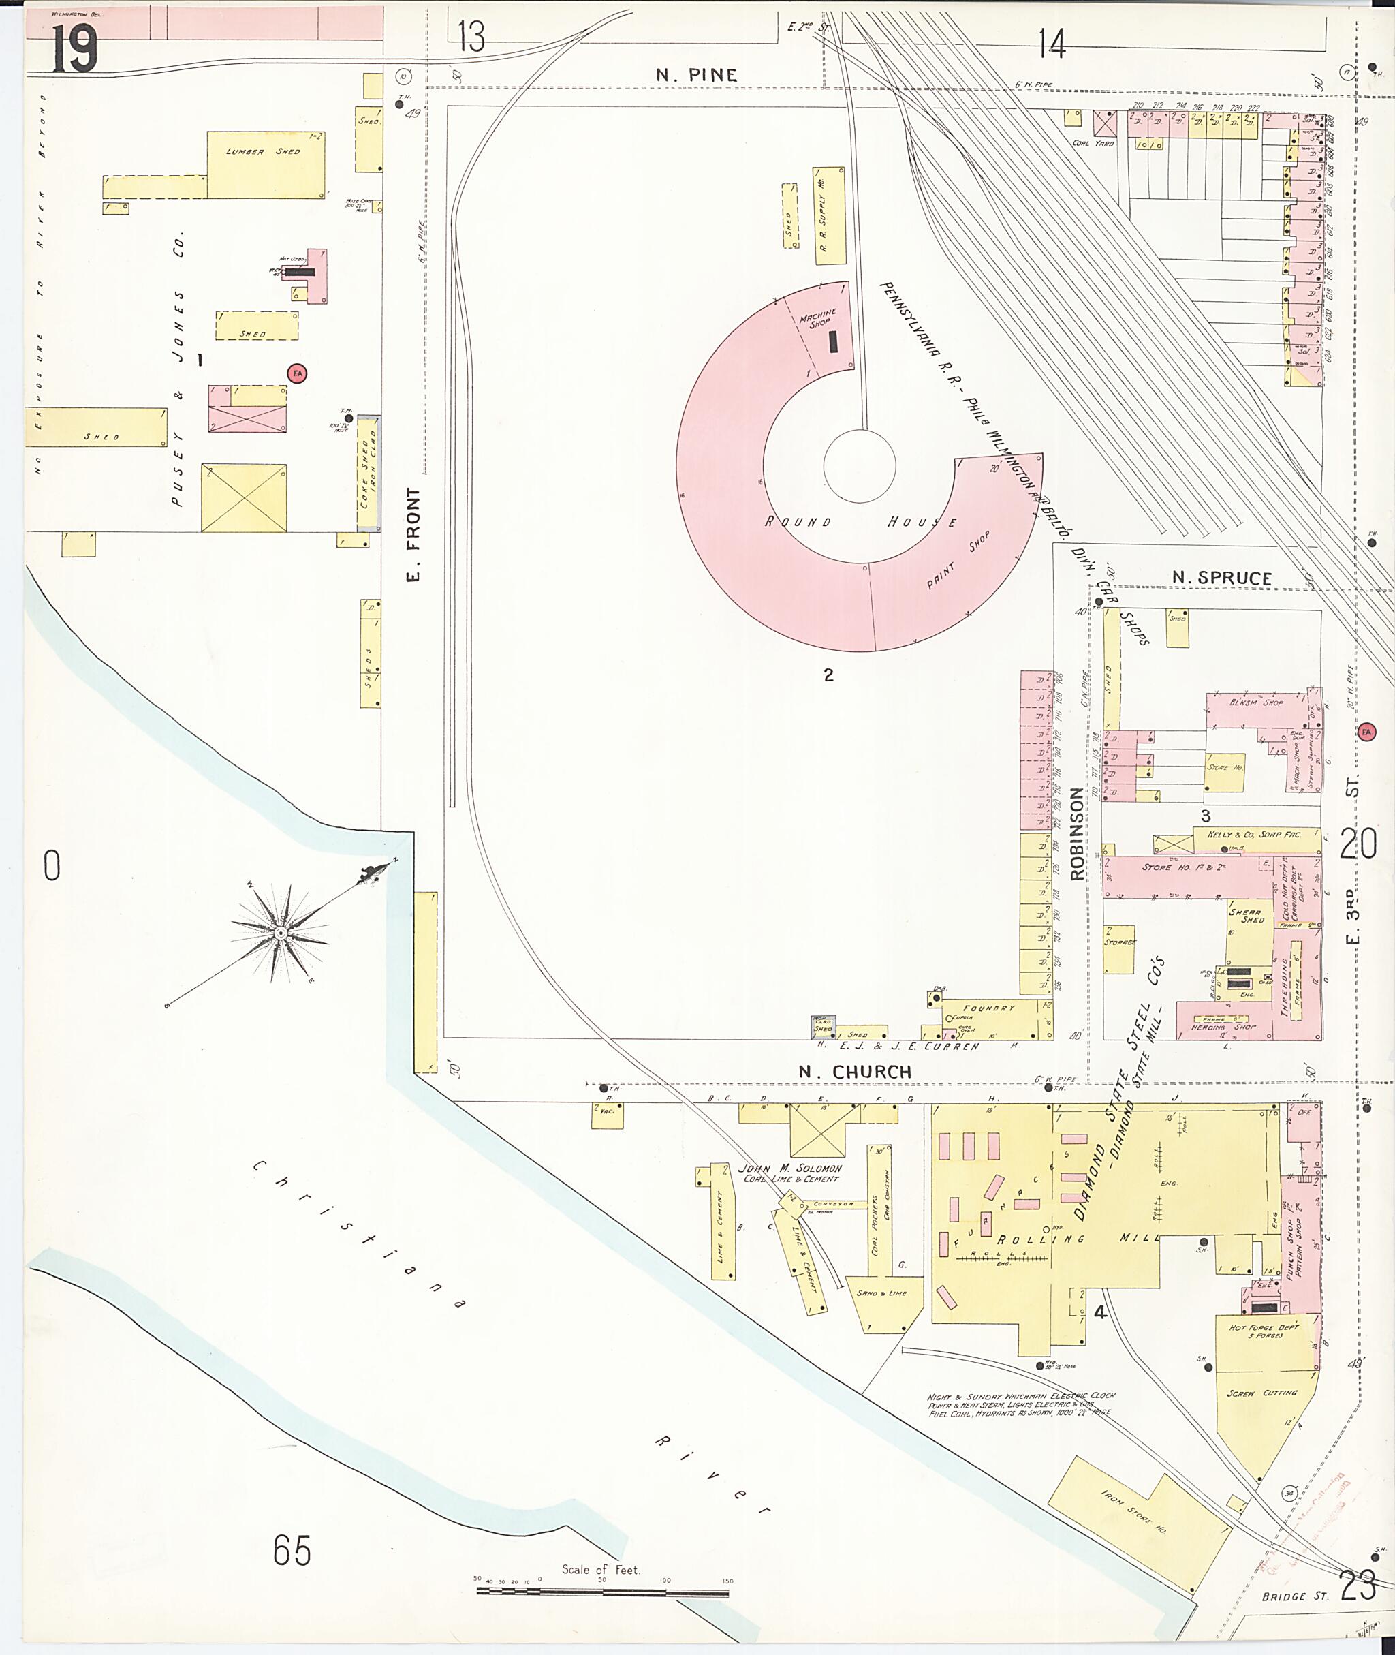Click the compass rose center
(280, 934)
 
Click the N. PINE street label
(697, 75)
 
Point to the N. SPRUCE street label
(1221, 578)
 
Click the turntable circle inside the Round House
(859, 465)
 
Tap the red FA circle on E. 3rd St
(1366, 732)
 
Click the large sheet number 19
(74, 49)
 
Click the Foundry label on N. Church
(988, 1008)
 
